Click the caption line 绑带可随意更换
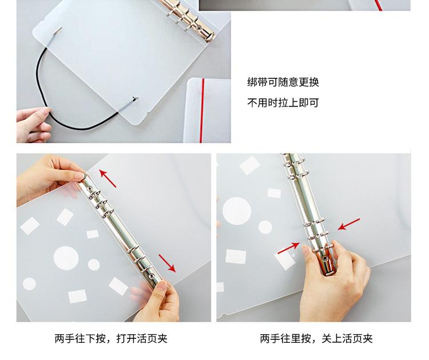point(283,82)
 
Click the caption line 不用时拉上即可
point(283,103)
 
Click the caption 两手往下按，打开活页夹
point(111,339)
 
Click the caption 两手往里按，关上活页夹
point(316,339)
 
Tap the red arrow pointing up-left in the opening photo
point(108,178)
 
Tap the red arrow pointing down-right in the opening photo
point(167,263)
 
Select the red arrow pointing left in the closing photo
point(349,224)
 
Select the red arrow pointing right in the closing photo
point(289,248)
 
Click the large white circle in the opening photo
point(66,258)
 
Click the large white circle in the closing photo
point(237,211)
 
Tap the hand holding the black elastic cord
point(34,125)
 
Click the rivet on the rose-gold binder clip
point(198,28)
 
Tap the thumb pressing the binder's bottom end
point(162,286)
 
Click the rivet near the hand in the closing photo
point(325,259)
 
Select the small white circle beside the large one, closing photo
point(265,227)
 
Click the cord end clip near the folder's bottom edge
point(135,98)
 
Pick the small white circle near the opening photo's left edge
point(29,284)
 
